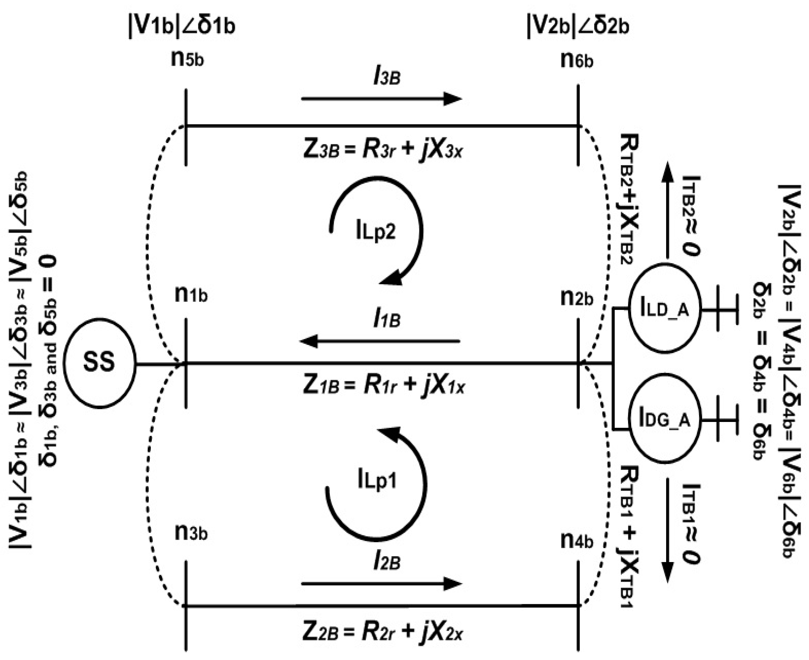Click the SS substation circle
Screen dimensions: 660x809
pyautogui.click(x=99, y=363)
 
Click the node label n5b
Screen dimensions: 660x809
pyautogui.click(x=187, y=60)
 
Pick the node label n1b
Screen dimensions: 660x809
pyautogui.click(x=191, y=295)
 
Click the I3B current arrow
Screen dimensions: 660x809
pyautogui.click(x=381, y=99)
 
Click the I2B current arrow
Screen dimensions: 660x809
pyautogui.click(x=381, y=584)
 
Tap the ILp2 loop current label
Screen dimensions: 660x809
pyautogui.click(x=376, y=231)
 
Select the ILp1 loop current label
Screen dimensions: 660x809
pyautogui.click(x=377, y=480)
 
